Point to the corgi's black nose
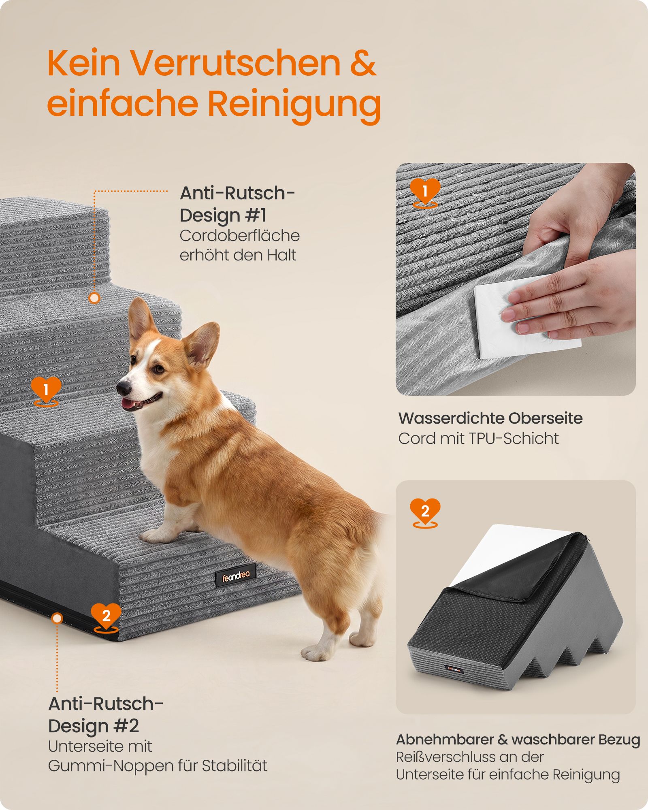point(123,388)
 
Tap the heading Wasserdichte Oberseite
point(490,418)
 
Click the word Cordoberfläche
point(240,236)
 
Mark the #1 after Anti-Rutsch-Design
point(253,215)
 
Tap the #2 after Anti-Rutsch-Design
point(126,726)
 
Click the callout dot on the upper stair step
point(94,298)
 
